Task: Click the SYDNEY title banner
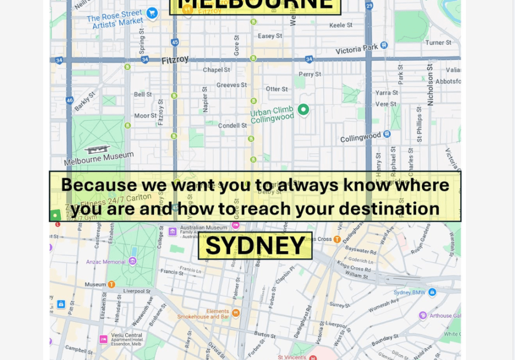click(255, 246)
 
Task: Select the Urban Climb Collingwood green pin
click(303, 109)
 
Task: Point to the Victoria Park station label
click(356, 50)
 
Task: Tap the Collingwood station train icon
click(387, 134)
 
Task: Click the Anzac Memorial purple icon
click(133, 261)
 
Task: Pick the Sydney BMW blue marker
click(432, 292)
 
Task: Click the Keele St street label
click(341, 25)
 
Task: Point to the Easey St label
click(270, 36)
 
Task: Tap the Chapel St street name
click(216, 70)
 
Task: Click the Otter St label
click(277, 89)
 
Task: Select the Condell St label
click(232, 126)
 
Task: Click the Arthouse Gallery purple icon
click(423, 315)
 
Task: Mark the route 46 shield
click(70, 100)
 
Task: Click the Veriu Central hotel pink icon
click(103, 339)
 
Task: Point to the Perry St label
click(310, 75)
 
